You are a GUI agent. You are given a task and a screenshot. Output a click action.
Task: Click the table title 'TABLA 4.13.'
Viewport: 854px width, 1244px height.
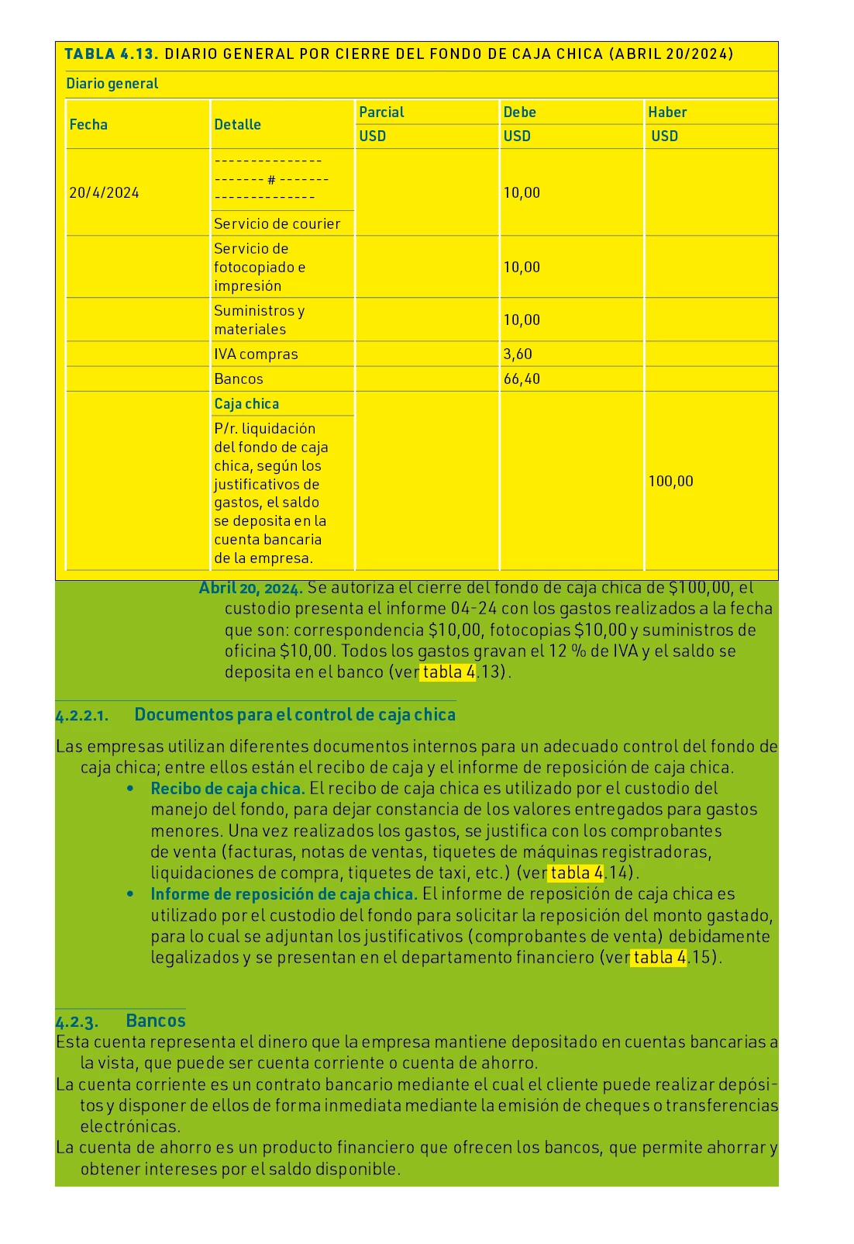coord(112,54)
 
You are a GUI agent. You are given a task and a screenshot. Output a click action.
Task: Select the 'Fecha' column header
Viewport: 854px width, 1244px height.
coord(88,125)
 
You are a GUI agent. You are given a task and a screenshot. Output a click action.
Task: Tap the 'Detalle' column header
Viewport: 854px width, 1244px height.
coord(237,125)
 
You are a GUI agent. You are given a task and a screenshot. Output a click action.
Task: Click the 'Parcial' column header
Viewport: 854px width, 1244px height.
coord(381,112)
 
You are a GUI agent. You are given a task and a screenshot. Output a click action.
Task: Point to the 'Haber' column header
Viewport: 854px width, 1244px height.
coord(667,112)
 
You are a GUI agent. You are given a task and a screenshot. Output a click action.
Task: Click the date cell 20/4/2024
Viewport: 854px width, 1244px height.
coord(104,193)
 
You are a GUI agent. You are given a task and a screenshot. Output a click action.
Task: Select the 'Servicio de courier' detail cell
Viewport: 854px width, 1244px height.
coord(277,224)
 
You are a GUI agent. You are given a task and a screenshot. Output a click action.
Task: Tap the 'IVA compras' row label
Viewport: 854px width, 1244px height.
coord(256,354)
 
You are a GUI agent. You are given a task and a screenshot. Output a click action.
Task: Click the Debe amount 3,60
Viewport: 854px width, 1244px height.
coord(518,354)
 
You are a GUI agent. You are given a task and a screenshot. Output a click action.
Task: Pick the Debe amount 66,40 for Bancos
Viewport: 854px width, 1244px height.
coord(522,379)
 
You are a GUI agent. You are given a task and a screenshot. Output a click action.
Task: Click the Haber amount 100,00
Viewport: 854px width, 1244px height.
coord(670,482)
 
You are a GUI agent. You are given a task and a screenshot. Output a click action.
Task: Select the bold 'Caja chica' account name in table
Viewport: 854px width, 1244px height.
coord(246,404)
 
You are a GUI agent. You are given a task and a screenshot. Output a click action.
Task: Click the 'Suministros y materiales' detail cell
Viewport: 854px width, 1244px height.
coord(259,320)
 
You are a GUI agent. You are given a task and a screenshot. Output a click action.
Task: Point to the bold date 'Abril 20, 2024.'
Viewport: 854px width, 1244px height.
coord(251,588)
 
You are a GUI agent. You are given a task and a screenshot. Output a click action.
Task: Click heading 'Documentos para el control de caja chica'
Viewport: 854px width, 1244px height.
coord(294,715)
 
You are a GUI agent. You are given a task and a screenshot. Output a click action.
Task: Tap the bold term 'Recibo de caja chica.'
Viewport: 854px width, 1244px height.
coord(228,789)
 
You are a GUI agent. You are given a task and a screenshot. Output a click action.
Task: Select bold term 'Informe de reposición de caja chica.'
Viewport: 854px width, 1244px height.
coord(284,894)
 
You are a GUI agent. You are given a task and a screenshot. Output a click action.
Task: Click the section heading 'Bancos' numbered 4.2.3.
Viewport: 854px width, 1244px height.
coord(155,1021)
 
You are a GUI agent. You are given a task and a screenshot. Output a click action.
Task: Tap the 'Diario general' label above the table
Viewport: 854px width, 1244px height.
coord(112,84)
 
